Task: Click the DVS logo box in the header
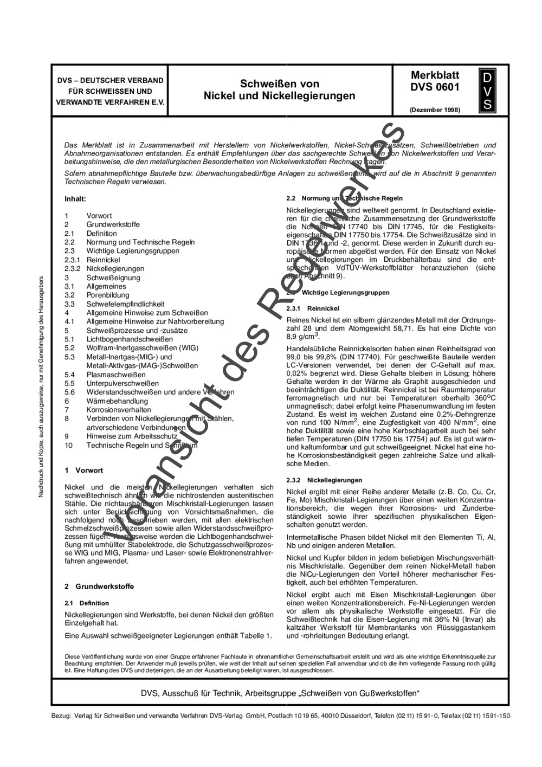(x=487, y=89)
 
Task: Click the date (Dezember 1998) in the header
(x=435, y=109)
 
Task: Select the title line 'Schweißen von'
(x=280, y=83)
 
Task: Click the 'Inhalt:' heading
(x=75, y=199)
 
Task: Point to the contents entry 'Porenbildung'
(x=106, y=295)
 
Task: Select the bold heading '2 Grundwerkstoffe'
(x=99, y=586)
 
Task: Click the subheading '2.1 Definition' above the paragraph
(x=87, y=603)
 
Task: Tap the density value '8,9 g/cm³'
(x=303, y=337)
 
